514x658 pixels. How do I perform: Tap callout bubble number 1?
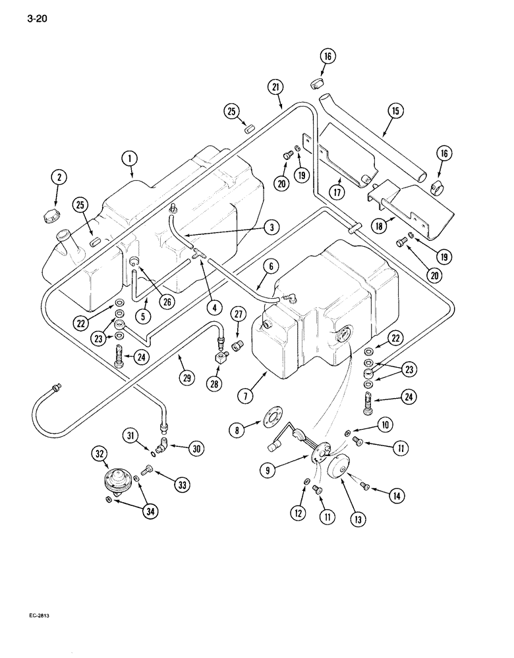click(130, 158)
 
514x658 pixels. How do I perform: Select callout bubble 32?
click(100, 454)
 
